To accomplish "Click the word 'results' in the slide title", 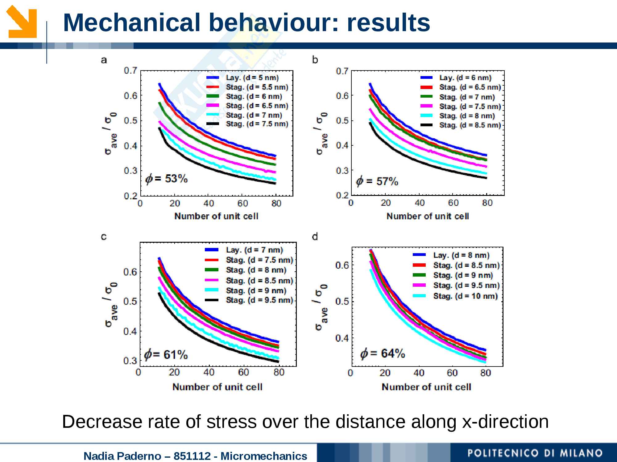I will click(388, 22).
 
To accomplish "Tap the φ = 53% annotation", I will click(167, 179).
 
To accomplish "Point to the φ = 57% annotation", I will click(377, 181).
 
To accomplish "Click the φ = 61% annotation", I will click(166, 355).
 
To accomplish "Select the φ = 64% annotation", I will click(383, 353).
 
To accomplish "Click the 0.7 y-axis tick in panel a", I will click(130, 71).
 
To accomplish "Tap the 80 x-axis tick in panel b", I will click(487, 203).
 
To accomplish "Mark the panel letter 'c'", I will click(104, 237).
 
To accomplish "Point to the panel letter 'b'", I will click(315, 59).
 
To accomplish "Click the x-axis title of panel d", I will click(426, 387).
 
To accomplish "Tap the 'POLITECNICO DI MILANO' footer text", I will click(535, 453).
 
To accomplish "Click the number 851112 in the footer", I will click(192, 456).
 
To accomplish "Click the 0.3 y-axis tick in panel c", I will click(130, 360).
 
